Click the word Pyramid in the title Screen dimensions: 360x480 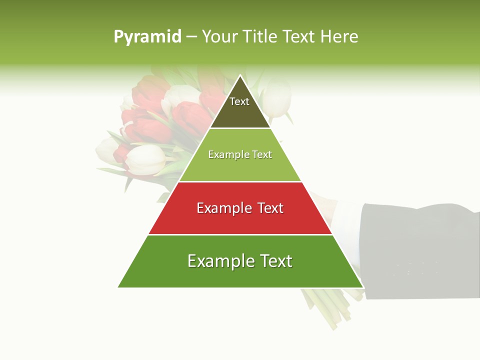click(x=147, y=36)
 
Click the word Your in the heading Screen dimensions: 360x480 click(x=220, y=36)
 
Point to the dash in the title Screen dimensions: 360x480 click(x=191, y=37)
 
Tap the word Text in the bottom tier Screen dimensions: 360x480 click(x=272, y=261)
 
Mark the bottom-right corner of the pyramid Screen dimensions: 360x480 click(x=362, y=287)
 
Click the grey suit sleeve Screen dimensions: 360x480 click(x=420, y=250)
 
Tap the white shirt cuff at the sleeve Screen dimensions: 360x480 click(x=345, y=220)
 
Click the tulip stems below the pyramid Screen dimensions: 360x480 click(x=325, y=307)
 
